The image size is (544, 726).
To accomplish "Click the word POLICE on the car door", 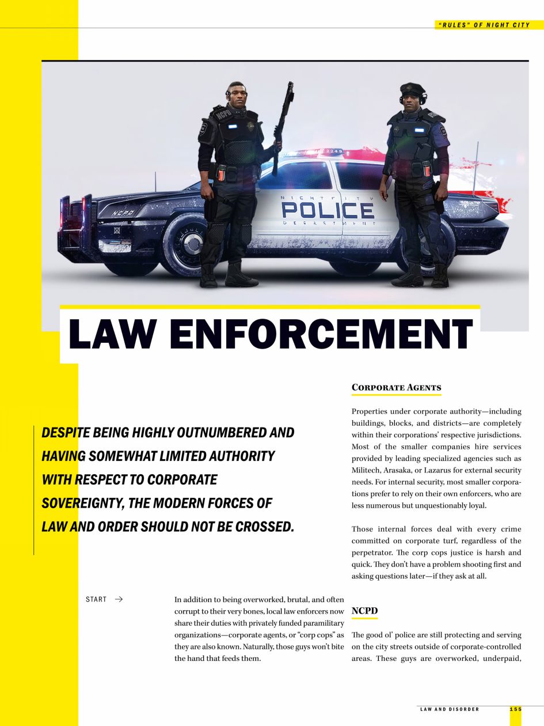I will click(328, 211).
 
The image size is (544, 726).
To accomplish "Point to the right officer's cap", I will click(412, 89).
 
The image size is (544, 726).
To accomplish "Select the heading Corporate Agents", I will click(396, 388).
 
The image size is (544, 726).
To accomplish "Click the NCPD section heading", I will click(364, 611).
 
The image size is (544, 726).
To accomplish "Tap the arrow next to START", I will click(119, 599).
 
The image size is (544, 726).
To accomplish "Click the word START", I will click(96, 599).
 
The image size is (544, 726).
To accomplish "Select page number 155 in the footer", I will click(515, 709).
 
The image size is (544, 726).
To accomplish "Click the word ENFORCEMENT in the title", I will click(321, 334).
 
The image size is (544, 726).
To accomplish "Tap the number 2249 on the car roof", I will click(334, 151).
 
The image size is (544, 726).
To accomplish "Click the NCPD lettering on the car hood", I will click(123, 213).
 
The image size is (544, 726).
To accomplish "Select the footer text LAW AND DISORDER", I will click(450, 709).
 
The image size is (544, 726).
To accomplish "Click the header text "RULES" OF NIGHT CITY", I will click(484, 25).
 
